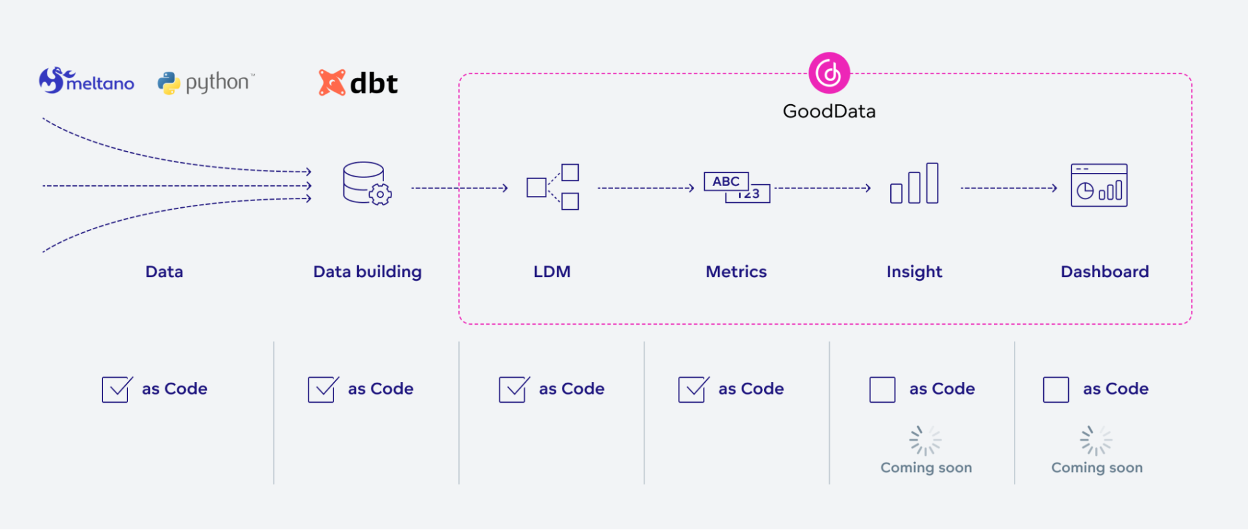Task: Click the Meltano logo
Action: [86, 81]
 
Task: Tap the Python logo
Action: [205, 82]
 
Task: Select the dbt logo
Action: [358, 83]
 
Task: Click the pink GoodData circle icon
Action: [829, 73]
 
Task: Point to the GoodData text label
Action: [829, 111]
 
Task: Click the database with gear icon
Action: [367, 184]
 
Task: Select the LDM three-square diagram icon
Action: [553, 187]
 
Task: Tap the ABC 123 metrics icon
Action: [737, 187]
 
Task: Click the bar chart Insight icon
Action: [915, 184]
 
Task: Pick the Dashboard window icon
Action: [1099, 185]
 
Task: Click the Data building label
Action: [367, 272]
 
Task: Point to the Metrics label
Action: [736, 272]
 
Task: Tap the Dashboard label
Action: [1104, 272]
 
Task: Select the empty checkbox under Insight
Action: [882, 390]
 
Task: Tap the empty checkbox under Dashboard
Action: [1056, 390]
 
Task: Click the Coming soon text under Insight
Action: [926, 468]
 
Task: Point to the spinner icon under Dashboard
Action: [1096, 441]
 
